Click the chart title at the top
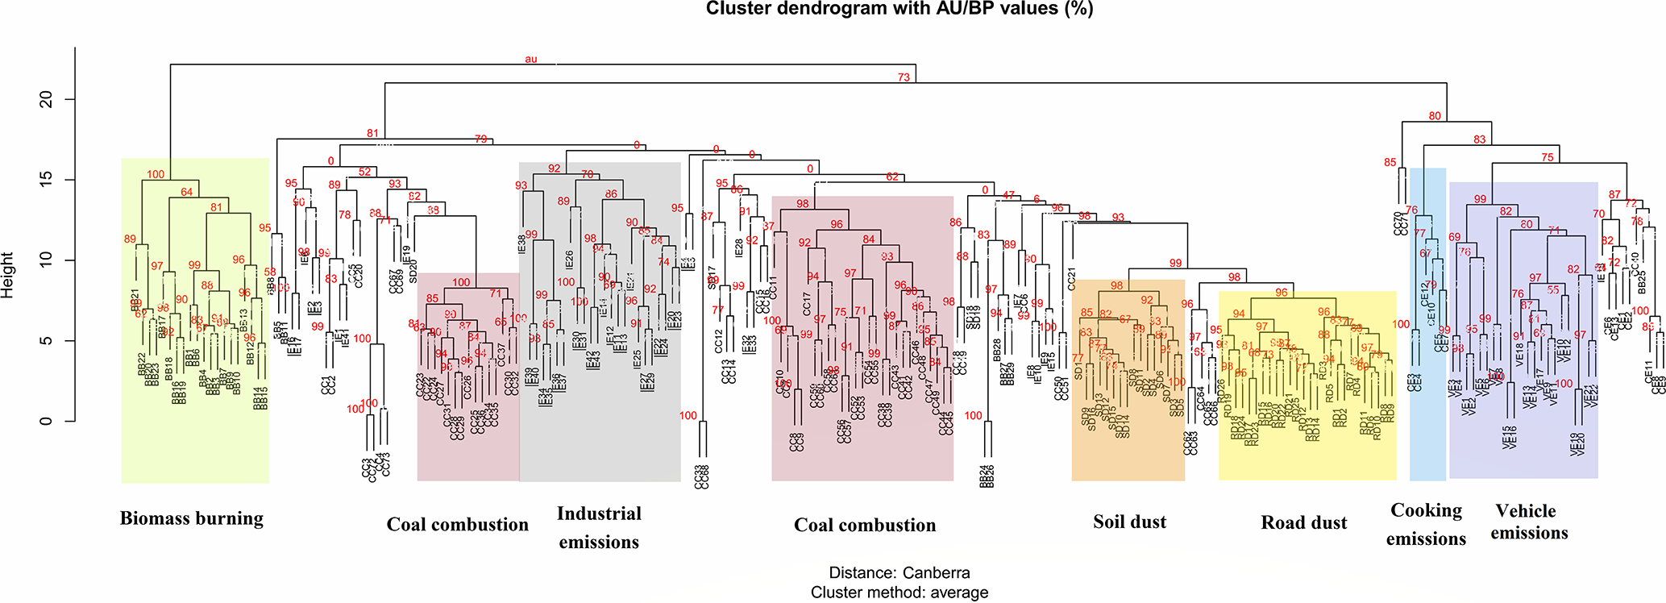(899, 9)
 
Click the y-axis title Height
(8, 275)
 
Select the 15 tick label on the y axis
(47, 179)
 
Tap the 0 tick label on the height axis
(47, 420)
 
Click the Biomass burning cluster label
(192, 518)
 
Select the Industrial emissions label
(599, 527)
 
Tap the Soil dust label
(1129, 522)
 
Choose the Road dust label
(1303, 523)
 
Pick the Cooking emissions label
(1426, 524)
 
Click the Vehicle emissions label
(1528, 522)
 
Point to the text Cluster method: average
(899, 593)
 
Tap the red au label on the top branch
(530, 59)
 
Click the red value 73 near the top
(904, 77)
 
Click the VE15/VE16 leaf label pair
(1509, 437)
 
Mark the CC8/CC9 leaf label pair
(796, 442)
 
